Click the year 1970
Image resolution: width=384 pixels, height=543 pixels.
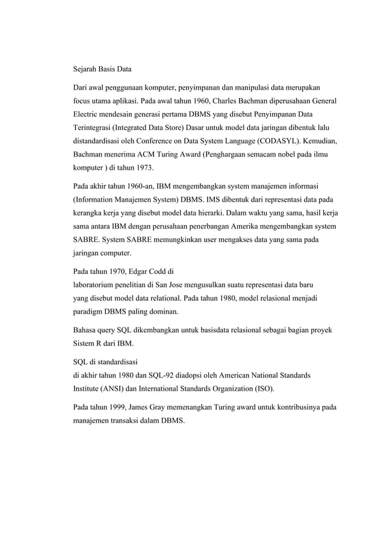tap(119, 270)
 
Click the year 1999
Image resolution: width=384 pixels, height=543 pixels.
tap(119, 407)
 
